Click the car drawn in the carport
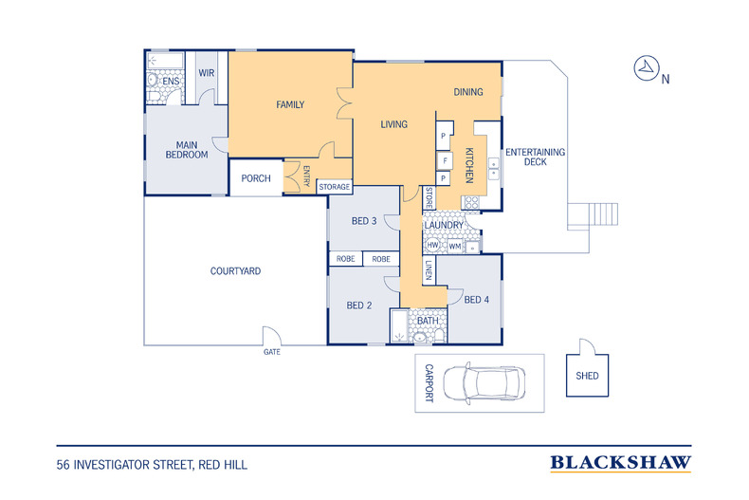[x=484, y=383]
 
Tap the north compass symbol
[x=647, y=68]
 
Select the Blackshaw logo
[x=620, y=463]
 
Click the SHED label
[x=587, y=376]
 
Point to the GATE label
[x=272, y=352]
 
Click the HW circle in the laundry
[x=432, y=245]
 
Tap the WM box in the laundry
[x=455, y=247]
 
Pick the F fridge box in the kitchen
[x=445, y=160]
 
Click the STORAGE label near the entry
[x=335, y=187]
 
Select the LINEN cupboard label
[x=429, y=270]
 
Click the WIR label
[x=207, y=73]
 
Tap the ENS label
[x=171, y=82]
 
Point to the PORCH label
[x=256, y=178]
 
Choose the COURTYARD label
[x=235, y=271]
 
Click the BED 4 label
[x=476, y=300]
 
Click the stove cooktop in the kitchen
[x=471, y=203]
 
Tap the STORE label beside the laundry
[x=429, y=198]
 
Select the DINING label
[x=468, y=92]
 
